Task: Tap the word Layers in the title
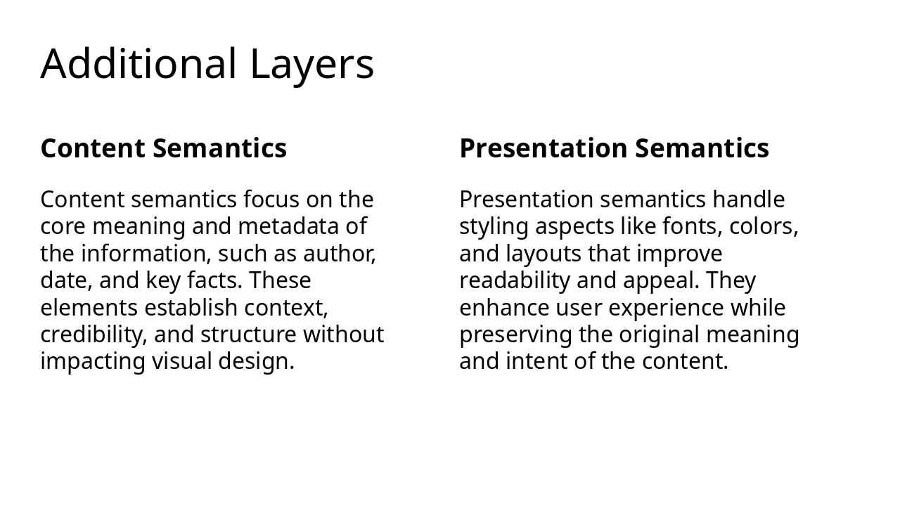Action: click(x=311, y=64)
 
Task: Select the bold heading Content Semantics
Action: click(x=164, y=148)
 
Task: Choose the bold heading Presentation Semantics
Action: click(x=614, y=148)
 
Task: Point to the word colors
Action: click(x=764, y=227)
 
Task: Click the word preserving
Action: click(x=515, y=335)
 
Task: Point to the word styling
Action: click(x=494, y=227)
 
